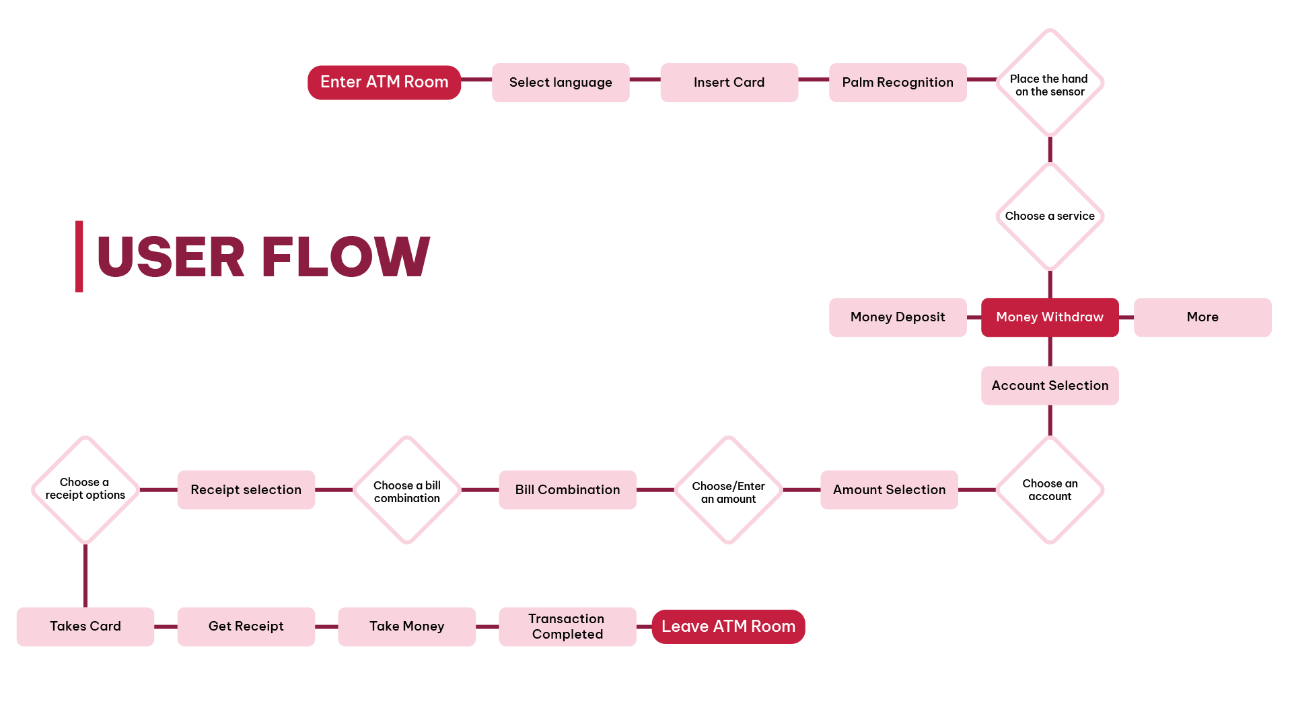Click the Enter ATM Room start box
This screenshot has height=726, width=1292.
pyautogui.click(x=384, y=82)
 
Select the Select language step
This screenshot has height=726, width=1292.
pyautogui.click(x=561, y=82)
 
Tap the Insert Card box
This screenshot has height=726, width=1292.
pyautogui.click(x=729, y=82)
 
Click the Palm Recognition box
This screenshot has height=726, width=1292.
pyautogui.click(x=898, y=82)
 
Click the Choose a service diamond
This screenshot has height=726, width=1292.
pyautogui.click(x=1050, y=216)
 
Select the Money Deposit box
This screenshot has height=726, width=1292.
pyautogui.click(x=898, y=317)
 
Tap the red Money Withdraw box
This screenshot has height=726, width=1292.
pyautogui.click(x=1050, y=317)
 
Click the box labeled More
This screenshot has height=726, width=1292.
pyautogui.click(x=1203, y=317)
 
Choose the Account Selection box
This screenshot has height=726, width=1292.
pyautogui.click(x=1050, y=385)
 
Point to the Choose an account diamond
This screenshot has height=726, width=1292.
pyautogui.click(x=1050, y=490)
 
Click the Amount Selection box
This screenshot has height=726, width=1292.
pyautogui.click(x=889, y=489)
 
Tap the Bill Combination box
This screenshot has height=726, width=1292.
pyautogui.click(x=567, y=489)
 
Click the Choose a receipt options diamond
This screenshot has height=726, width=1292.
pyautogui.click(x=85, y=489)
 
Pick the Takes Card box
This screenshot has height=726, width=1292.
pyautogui.click(x=85, y=627)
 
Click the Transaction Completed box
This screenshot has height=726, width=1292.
pyautogui.click(x=567, y=627)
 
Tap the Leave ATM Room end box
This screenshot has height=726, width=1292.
pyautogui.click(x=728, y=627)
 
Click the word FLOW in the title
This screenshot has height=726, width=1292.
pyautogui.click(x=345, y=257)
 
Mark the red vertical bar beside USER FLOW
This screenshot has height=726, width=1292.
pyautogui.click(x=79, y=256)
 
